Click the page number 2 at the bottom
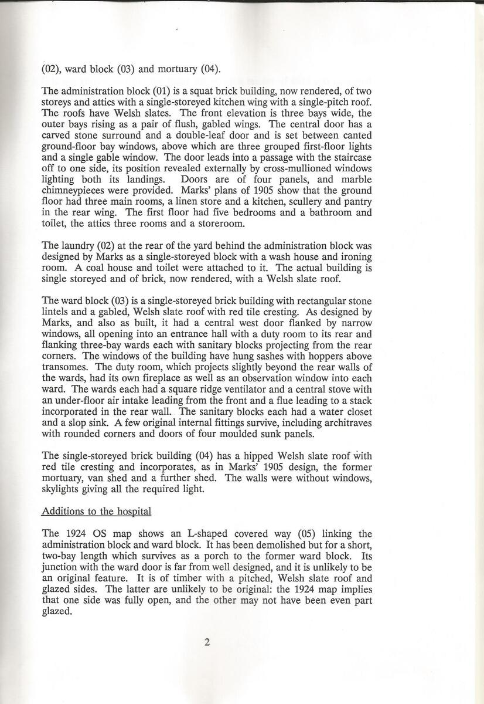(x=207, y=641)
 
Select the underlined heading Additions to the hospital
(x=97, y=511)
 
